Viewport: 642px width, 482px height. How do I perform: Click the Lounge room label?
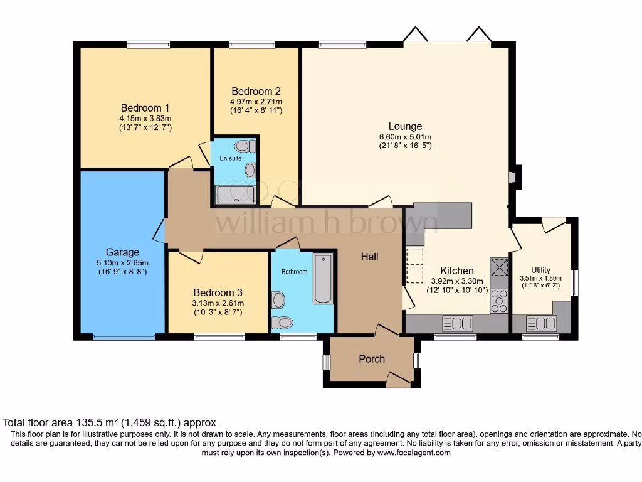(405, 126)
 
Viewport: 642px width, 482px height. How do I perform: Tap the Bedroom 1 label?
(145, 108)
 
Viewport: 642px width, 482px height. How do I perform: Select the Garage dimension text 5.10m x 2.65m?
(122, 262)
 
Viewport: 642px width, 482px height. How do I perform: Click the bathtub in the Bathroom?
(323, 279)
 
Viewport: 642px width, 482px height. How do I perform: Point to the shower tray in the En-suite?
(235, 195)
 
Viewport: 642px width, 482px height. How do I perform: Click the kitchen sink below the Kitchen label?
(458, 324)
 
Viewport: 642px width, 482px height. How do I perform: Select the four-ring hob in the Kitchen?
(500, 301)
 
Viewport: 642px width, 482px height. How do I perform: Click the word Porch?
(372, 359)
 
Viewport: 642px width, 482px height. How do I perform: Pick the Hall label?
(369, 257)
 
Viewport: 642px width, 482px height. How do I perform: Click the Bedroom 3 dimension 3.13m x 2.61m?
(218, 303)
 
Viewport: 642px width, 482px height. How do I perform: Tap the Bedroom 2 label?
(256, 91)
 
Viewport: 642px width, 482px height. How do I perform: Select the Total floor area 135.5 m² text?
(110, 423)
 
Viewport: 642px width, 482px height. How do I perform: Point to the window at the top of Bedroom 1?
(148, 45)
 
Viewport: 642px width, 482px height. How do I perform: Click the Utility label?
(540, 270)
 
